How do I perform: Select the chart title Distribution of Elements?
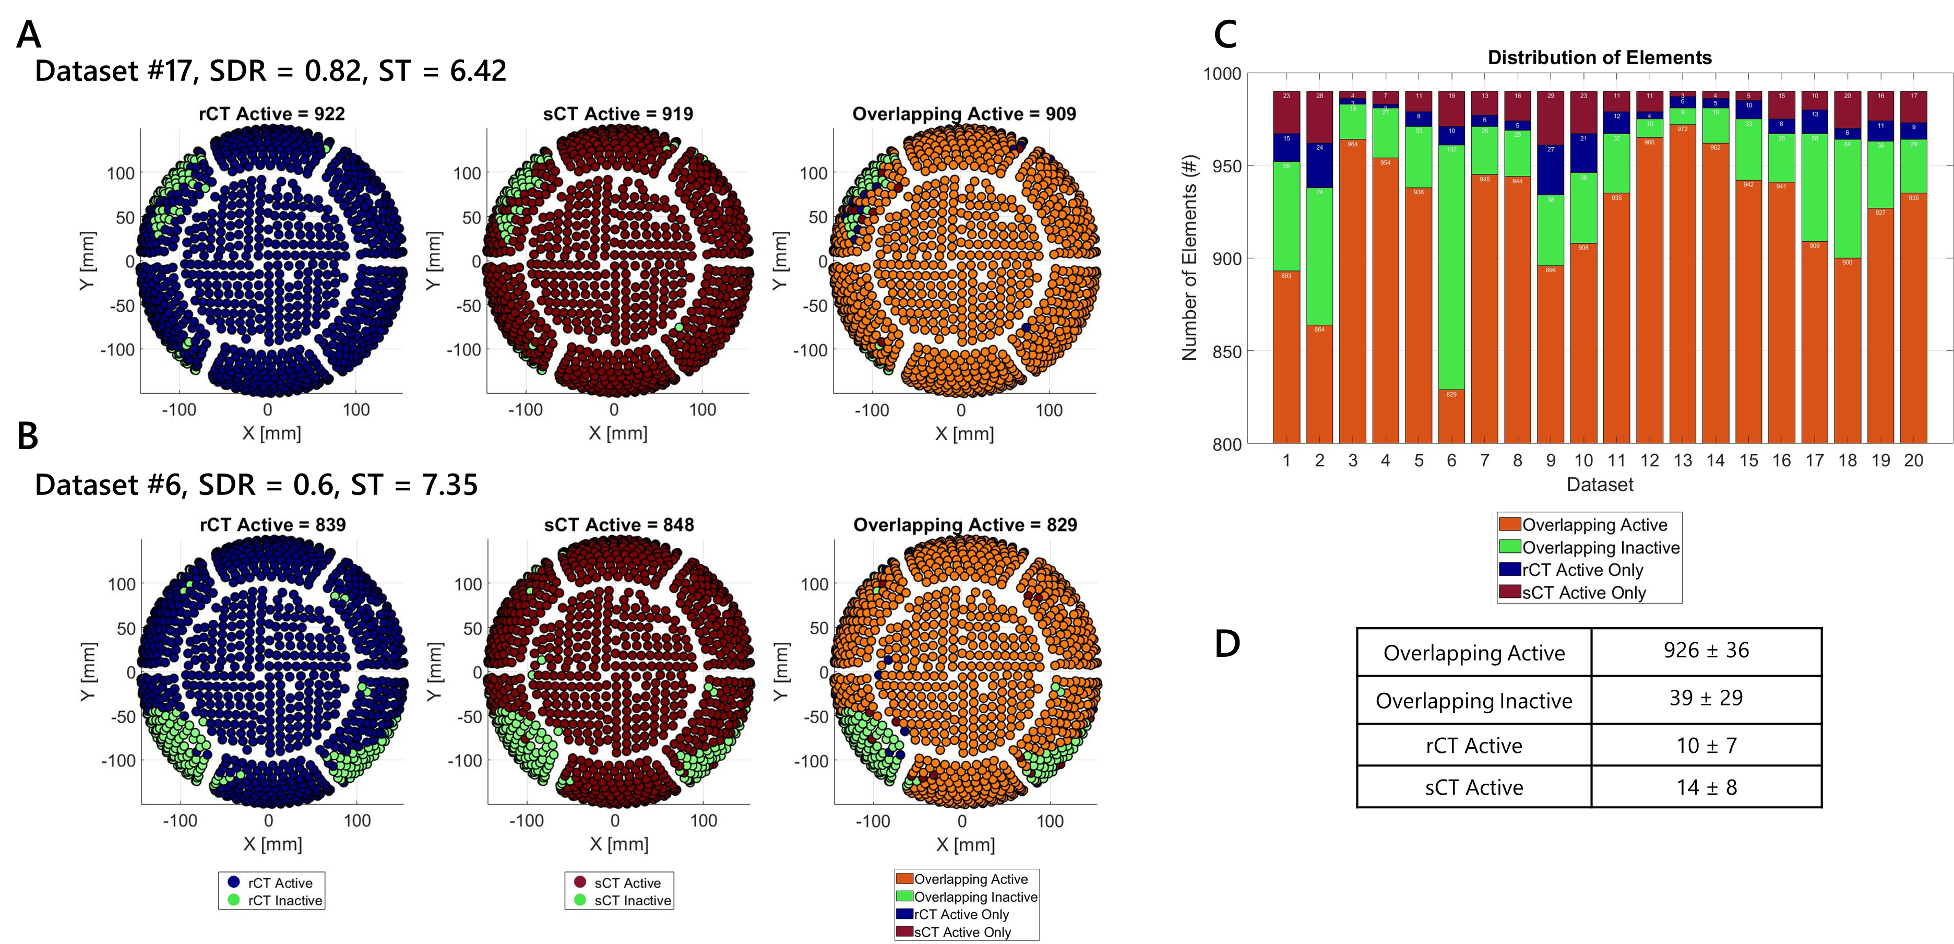(1599, 57)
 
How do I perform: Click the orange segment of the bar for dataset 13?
(1683, 281)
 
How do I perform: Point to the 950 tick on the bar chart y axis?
(1226, 166)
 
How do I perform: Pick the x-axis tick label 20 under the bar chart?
(1913, 461)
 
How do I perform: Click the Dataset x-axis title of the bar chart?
(1600, 484)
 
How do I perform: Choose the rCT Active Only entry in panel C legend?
(1582, 570)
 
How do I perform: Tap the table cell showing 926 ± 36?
(1706, 651)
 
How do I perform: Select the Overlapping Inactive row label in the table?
(1474, 700)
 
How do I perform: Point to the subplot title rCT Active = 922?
(271, 114)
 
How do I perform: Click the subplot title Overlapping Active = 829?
(965, 525)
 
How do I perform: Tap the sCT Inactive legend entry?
(632, 901)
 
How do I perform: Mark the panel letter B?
(28, 436)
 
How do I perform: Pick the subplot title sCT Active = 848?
(619, 525)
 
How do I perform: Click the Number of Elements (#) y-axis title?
(1189, 258)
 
